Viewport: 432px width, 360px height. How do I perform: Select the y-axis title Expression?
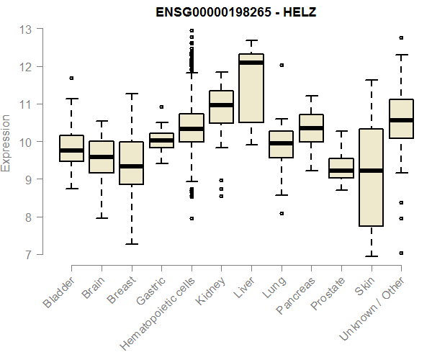pos(6,142)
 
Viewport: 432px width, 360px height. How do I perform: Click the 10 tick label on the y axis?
pos(26,142)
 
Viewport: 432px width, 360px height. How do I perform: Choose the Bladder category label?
pos(59,292)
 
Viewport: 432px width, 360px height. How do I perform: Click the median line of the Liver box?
pos(251,63)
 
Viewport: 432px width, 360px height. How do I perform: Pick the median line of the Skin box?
pos(372,171)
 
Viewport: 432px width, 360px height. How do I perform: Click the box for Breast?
pos(131,163)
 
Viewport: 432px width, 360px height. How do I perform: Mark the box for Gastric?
pos(161,140)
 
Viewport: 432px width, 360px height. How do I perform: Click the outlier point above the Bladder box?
pos(71,78)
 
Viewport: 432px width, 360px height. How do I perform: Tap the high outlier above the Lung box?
pos(282,65)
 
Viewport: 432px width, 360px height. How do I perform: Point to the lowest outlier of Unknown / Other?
pos(401,253)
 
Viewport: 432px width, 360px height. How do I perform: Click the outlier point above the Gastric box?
pos(161,107)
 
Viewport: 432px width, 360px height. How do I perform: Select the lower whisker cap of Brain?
pos(102,217)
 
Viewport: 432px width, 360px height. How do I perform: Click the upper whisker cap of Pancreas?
pos(311,95)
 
